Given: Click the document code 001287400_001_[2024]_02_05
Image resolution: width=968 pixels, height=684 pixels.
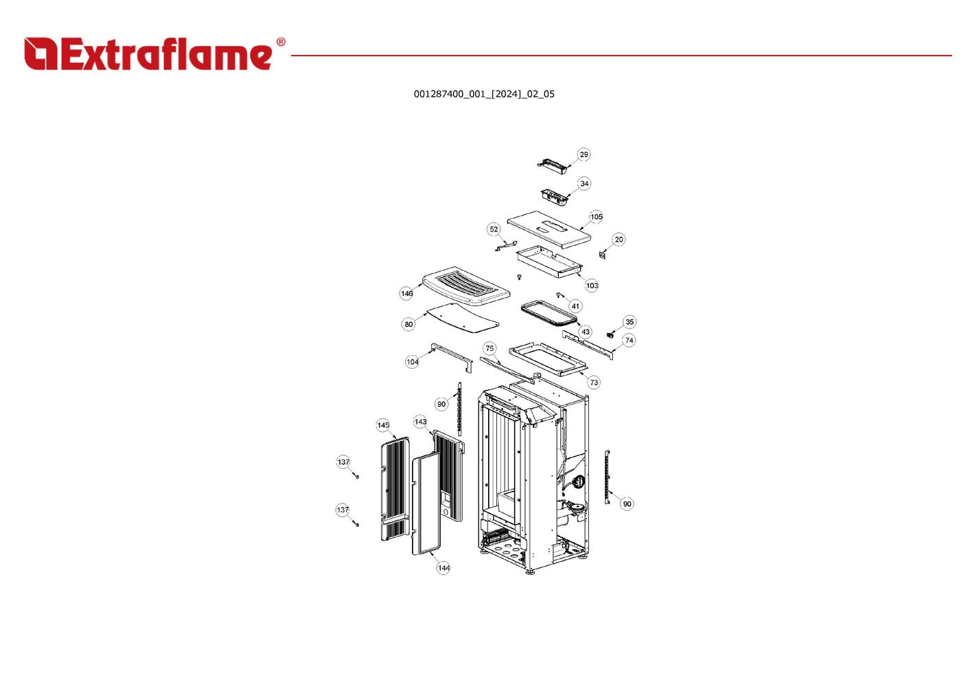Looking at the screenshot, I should pos(484,94).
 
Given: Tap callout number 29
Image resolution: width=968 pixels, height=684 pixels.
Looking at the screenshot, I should pos(584,155).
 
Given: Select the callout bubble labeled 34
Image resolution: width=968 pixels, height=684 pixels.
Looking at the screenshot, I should pos(584,183).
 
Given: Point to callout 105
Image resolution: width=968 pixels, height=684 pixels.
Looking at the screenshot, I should pos(597,217).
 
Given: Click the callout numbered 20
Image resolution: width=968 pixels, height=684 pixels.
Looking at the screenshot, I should pos(619,240).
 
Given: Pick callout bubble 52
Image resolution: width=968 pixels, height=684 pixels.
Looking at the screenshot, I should pos(494,229).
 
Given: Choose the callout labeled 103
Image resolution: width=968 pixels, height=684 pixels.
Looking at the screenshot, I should pos(592,285).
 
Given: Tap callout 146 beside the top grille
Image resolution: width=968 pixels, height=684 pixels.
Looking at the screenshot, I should pos(407,293).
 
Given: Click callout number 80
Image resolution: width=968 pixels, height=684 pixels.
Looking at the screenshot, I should pos(408,324).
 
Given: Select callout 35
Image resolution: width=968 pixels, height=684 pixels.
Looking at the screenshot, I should pos(630,322).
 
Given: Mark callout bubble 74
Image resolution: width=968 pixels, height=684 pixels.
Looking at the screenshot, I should pos(630,340).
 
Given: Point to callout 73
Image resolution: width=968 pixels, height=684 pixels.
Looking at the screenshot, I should pos(594,383).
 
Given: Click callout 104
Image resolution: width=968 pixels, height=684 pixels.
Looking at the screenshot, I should pos(412,362).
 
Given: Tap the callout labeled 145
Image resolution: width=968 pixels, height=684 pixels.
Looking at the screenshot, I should pos(383,425).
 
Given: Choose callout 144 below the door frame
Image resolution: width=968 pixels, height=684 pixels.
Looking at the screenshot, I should pos(443,568).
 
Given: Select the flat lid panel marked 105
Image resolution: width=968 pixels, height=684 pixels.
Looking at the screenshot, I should pos(549,229).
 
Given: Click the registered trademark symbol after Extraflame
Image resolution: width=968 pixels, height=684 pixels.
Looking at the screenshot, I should pos(280,43).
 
